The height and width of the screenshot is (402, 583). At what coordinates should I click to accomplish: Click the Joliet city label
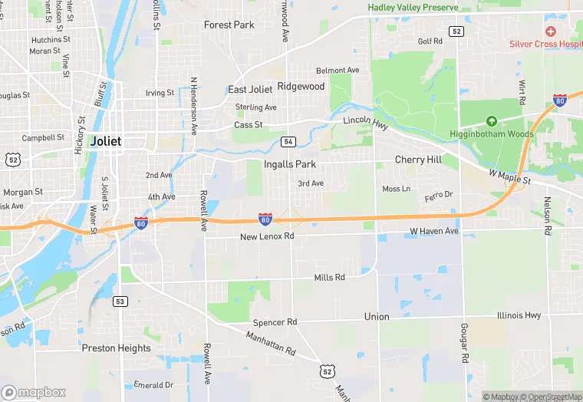pos(106,141)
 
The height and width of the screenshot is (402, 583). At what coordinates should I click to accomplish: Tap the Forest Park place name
pos(229,25)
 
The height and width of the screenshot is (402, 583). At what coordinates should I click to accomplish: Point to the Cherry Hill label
pos(418,160)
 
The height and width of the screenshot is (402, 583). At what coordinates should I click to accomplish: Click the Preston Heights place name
pos(117,348)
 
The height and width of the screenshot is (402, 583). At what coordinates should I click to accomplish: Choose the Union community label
pos(377,316)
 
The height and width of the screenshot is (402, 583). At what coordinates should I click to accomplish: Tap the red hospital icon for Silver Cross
pos(550,31)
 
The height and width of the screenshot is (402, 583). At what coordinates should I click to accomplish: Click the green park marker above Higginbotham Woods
pos(492,121)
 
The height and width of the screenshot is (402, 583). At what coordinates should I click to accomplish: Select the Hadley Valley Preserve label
pos(413,8)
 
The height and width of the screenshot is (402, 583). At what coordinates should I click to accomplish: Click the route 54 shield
pos(288,142)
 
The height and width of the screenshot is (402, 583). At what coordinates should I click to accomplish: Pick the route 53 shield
pos(120,301)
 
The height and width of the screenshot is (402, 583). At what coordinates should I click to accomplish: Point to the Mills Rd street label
pos(330,277)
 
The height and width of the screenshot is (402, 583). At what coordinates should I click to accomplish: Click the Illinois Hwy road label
pos(519,315)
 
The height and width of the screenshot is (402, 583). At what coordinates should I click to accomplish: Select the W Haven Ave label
pos(433,231)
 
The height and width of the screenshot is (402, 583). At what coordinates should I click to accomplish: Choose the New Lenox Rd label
pos(267,236)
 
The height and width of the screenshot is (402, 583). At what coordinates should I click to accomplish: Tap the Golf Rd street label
pos(430,41)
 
